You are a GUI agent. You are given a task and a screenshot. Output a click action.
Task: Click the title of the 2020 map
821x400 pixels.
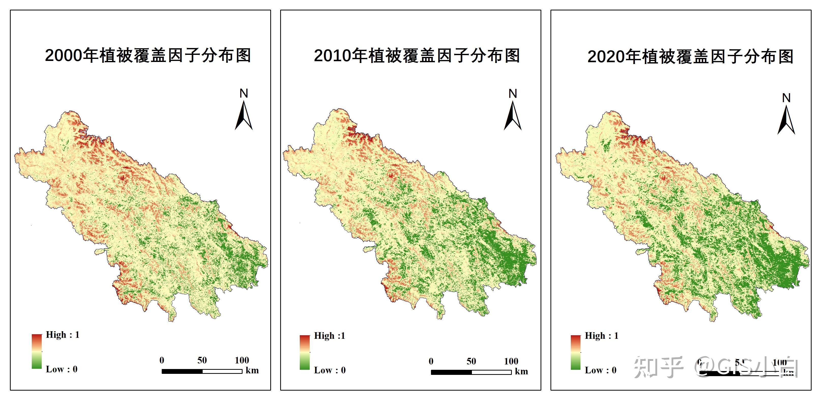[690, 57]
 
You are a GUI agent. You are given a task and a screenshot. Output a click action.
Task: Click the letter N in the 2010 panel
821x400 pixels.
[513, 94]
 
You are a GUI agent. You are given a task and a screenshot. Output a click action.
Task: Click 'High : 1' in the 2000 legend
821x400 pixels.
[63, 335]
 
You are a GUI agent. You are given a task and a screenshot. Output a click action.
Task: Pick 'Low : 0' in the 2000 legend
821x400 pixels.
[62, 369]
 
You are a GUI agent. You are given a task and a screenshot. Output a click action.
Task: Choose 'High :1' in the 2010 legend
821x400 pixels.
[330, 336]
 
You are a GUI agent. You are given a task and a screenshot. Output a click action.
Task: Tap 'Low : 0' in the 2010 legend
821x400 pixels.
[330, 370]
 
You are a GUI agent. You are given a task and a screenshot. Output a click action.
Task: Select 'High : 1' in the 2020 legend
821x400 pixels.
[601, 336]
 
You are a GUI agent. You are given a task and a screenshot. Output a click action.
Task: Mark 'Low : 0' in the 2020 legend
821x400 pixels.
[601, 370]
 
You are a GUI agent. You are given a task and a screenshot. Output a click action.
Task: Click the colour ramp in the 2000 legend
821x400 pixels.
[37, 351]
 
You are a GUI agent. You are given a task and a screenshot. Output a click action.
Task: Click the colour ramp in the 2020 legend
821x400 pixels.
[576, 352]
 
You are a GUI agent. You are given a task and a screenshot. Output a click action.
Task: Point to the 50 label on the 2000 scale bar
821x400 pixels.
[202, 360]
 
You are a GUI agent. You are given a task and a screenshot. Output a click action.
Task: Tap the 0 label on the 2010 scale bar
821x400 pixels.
[431, 361]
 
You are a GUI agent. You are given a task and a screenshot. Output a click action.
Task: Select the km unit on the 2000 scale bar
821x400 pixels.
[252, 370]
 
